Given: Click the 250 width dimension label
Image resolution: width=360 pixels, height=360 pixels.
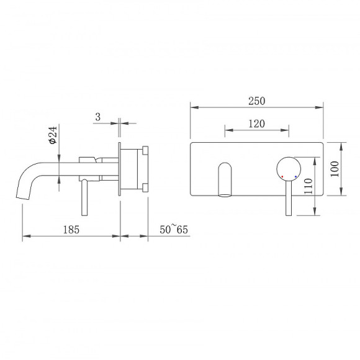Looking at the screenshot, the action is click(257, 101).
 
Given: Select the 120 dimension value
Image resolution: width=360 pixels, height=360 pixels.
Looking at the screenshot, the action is click(257, 124).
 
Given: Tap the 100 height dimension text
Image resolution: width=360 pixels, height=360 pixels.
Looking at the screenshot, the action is click(335, 169).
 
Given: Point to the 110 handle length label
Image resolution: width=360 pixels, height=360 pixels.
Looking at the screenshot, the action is click(308, 186).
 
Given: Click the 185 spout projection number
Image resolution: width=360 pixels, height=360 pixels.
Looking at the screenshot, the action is click(71, 230).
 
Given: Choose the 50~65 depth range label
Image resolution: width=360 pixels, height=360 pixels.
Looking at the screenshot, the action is click(174, 229).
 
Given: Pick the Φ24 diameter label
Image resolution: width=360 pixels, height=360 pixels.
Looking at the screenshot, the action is click(53, 135).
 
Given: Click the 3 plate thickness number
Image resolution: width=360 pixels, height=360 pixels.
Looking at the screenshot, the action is click(98, 117).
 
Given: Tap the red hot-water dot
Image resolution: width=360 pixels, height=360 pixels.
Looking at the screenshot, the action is click(282, 176).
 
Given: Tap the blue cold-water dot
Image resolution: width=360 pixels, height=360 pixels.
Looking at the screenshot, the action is click(295, 176).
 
